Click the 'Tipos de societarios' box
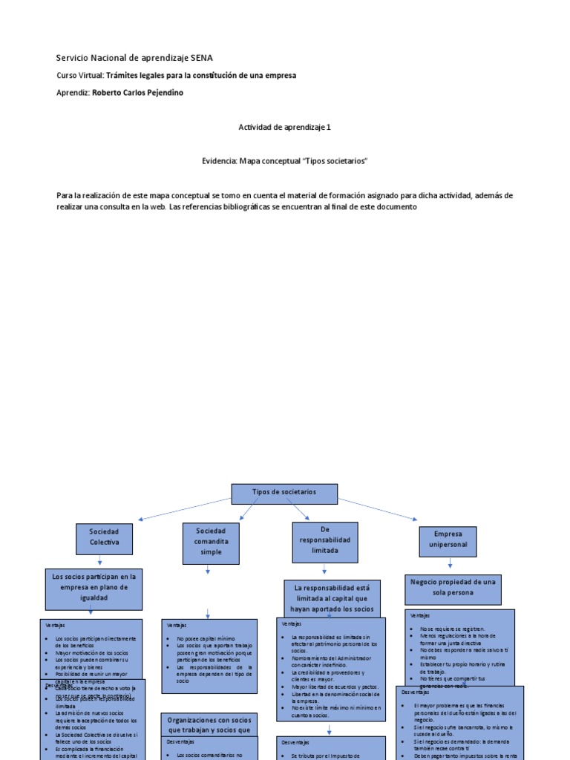pyautogui.click(x=284, y=494)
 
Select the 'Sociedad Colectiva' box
pyautogui.click(x=104, y=538)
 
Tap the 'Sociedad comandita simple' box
pyautogui.click(x=211, y=542)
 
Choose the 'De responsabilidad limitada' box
pyautogui.click(x=324, y=542)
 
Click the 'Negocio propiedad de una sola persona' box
pyautogui.click(x=453, y=588)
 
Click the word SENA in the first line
pyautogui.click(x=202, y=57)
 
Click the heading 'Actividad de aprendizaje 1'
pyautogui.click(x=284, y=127)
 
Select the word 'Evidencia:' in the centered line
pyautogui.click(x=219, y=160)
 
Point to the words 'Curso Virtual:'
pyautogui.click(x=80, y=75)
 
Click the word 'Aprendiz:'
pyautogui.click(x=73, y=93)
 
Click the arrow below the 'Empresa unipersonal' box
pyautogui.click(x=448, y=566)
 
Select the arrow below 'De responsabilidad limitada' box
pyautogui.click(x=324, y=571)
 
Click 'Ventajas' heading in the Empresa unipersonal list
pyautogui.click(x=420, y=615)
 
